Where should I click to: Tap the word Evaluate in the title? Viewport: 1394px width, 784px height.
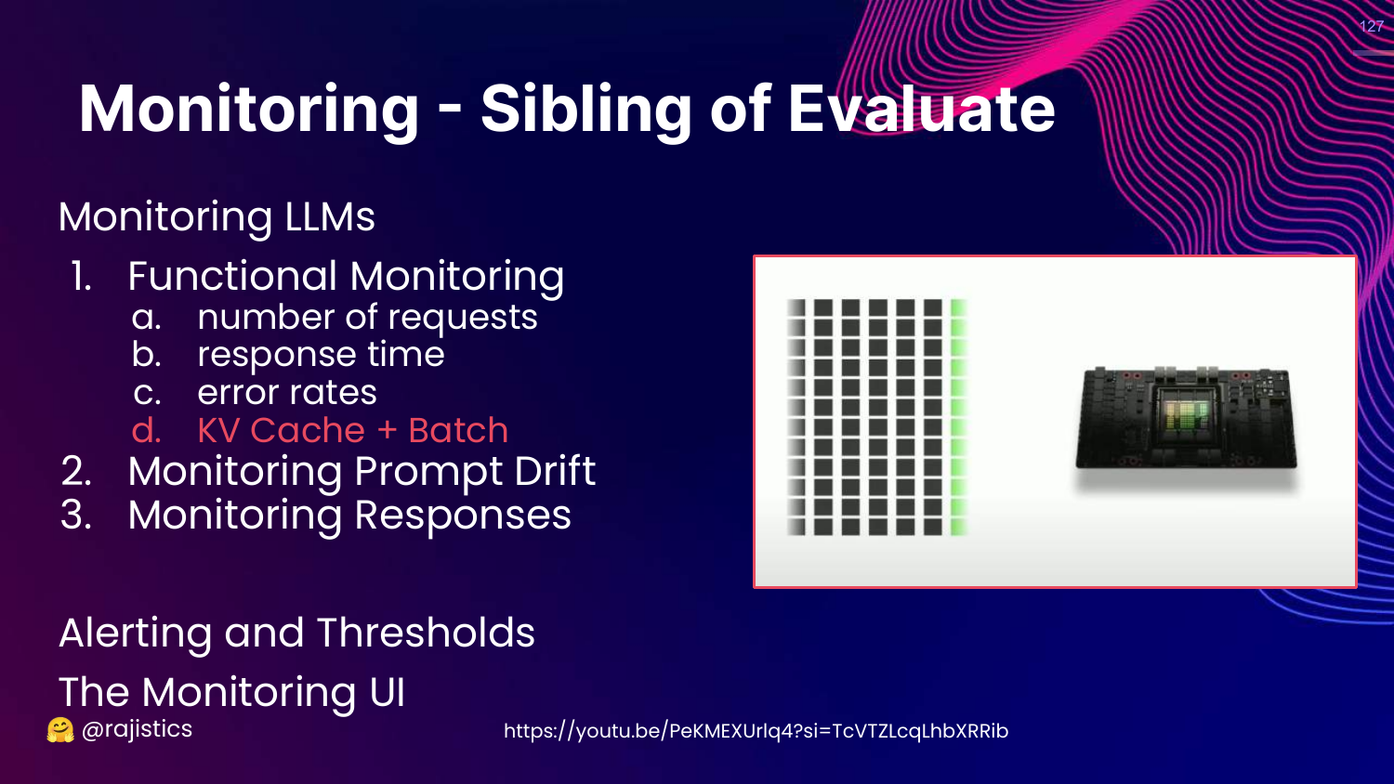(x=921, y=110)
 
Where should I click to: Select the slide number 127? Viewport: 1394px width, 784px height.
(x=1371, y=26)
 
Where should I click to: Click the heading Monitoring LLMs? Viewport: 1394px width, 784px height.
(x=217, y=217)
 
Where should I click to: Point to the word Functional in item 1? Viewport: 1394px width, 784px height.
(x=231, y=276)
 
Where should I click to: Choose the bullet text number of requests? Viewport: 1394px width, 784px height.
(x=367, y=318)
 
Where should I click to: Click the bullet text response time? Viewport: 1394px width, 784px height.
(x=321, y=355)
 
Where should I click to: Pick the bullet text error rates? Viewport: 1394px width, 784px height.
(x=287, y=393)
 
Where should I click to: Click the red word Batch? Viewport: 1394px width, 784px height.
(x=458, y=431)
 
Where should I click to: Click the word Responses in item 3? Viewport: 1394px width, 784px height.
(x=463, y=516)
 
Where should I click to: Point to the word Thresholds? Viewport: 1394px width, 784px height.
(x=426, y=633)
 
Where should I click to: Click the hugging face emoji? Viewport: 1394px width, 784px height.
(x=60, y=730)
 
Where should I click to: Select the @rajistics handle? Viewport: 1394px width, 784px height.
(x=137, y=729)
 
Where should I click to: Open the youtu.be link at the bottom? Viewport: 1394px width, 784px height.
(x=756, y=731)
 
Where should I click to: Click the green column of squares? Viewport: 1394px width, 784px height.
(x=958, y=417)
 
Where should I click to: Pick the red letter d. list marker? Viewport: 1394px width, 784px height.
(x=147, y=431)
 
